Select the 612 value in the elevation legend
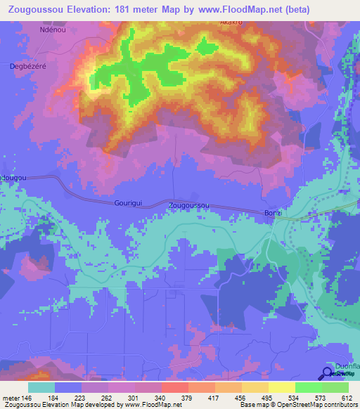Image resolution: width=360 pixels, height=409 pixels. click(x=346, y=397)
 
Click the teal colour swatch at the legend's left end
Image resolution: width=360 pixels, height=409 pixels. click(x=41, y=387)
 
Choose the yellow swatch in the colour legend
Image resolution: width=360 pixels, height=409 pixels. click(x=282, y=387)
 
